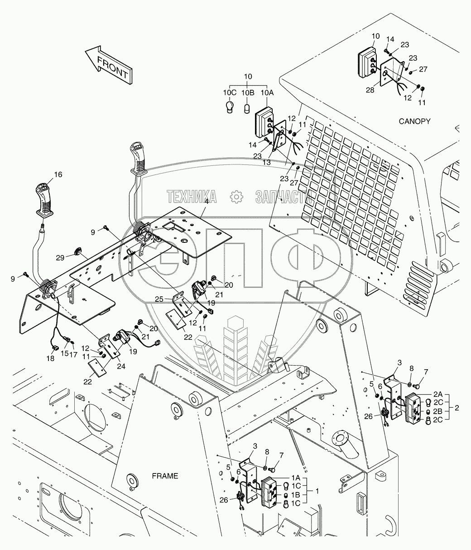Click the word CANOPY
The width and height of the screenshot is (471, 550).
click(x=414, y=121)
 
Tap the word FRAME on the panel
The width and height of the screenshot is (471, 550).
click(x=165, y=476)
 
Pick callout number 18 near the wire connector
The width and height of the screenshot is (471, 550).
click(x=50, y=358)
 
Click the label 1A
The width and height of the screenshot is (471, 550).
click(x=295, y=478)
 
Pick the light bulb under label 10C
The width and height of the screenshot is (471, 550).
click(x=230, y=107)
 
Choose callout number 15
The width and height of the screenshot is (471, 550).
click(x=64, y=353)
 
